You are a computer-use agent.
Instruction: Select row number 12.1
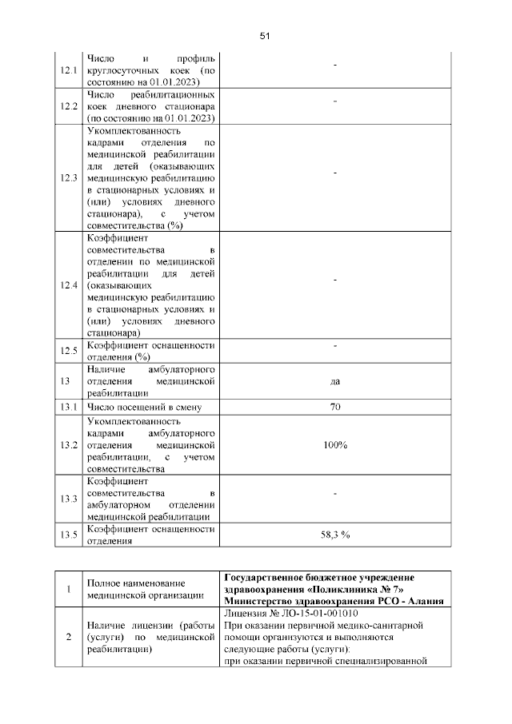[x=69, y=71]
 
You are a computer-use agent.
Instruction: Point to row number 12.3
[x=69, y=177]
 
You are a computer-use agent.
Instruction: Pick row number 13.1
[x=69, y=408]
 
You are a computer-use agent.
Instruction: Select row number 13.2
[x=69, y=444]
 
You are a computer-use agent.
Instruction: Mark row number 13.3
[x=69, y=499]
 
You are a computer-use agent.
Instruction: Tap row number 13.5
[x=69, y=535]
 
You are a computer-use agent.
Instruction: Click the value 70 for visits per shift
[x=335, y=408]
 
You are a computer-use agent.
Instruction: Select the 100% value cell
[x=335, y=444]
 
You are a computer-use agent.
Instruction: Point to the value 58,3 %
[x=335, y=535]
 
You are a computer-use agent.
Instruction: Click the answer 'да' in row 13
[x=335, y=382]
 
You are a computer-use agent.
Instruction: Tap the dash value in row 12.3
[x=335, y=173]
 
